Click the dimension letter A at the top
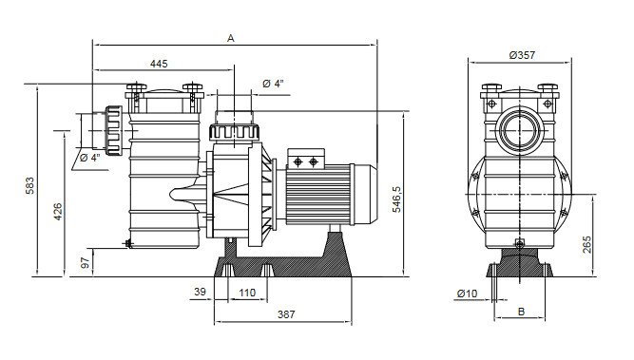[230, 38]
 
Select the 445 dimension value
[159, 64]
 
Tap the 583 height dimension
[30, 186]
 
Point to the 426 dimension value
[58, 212]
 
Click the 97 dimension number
[86, 263]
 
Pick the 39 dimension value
[201, 292]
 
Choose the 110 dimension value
[247, 293]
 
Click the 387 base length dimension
[286, 314]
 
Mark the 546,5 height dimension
[396, 199]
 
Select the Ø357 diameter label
[522, 55]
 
